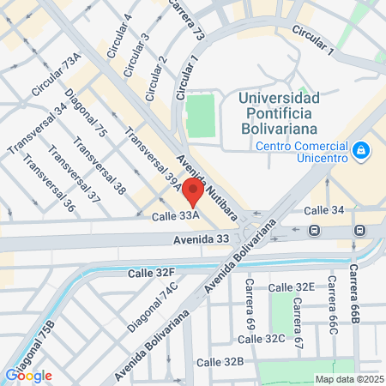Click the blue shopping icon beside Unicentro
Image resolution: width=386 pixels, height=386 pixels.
pos(362,151)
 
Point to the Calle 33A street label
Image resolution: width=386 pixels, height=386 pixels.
pos(176,216)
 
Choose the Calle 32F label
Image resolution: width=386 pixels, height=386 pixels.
pos(151,273)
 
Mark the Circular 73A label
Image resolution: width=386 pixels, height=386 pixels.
pos(56,74)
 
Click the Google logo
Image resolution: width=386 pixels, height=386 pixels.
pos(28,375)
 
